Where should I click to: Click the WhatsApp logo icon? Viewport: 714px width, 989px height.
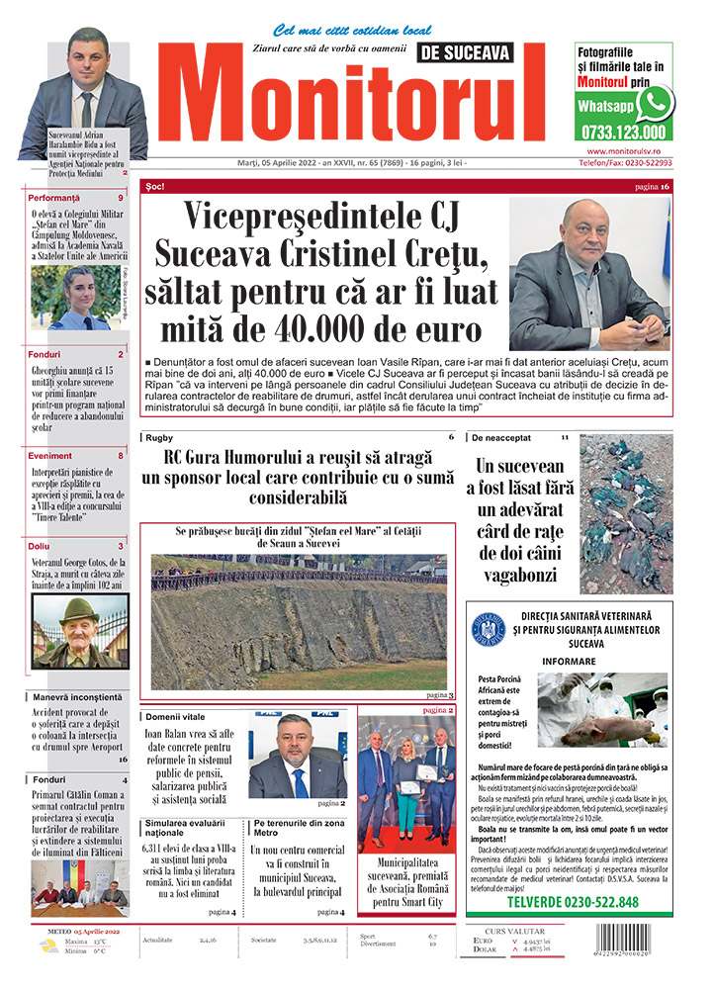pos(655,103)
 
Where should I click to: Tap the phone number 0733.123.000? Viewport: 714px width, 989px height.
pos(624,131)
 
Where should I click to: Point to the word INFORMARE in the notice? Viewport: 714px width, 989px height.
pos(569,660)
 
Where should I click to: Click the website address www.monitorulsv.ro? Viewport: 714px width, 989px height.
pos(623,150)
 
